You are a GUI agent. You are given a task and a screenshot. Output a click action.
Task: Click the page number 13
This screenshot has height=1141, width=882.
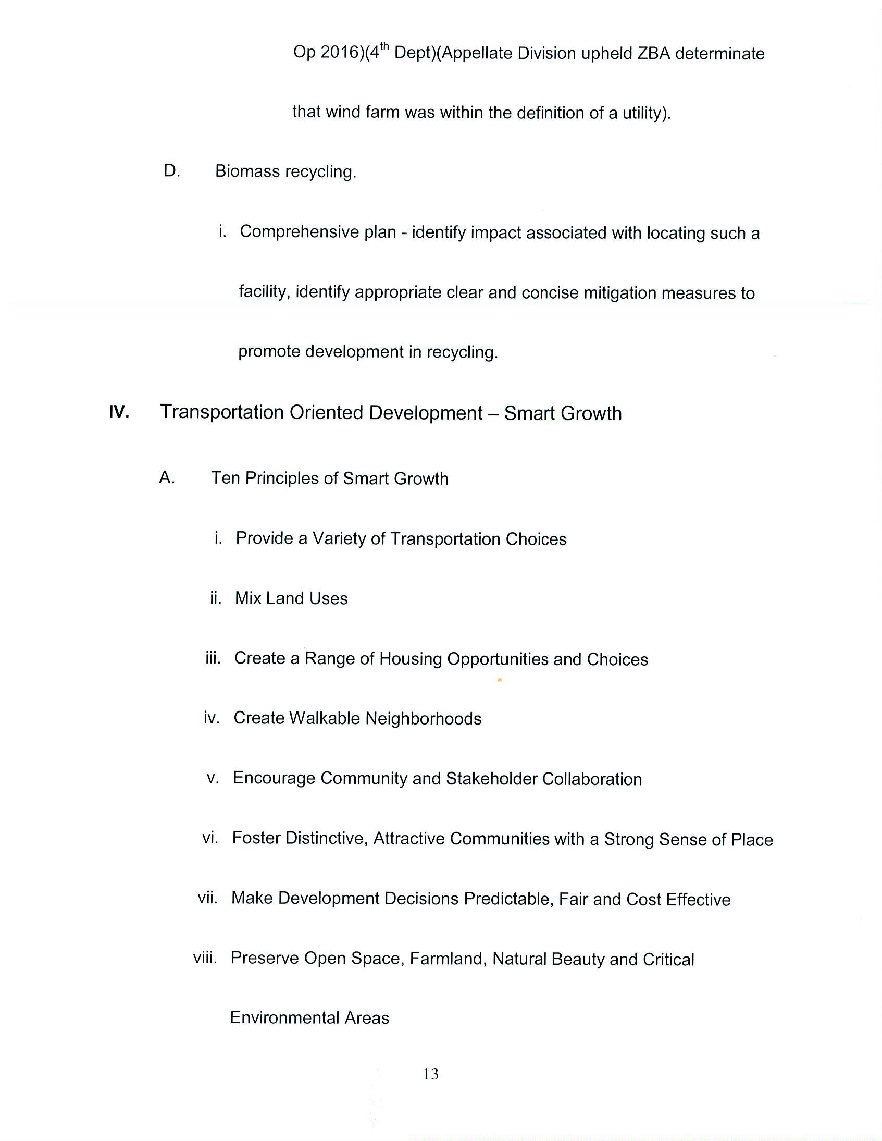431,1074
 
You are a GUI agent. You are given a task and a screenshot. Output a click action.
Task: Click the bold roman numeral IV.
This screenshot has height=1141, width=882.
119,412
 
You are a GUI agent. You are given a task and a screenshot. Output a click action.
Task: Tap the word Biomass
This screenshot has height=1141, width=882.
247,171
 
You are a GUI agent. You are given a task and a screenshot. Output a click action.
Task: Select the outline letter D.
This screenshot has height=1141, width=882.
171,171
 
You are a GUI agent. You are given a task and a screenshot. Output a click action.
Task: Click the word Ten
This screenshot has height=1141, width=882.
226,478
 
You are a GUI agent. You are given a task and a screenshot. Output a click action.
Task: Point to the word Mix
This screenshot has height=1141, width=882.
247,598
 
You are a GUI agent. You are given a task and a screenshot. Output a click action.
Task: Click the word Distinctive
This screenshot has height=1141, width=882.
300,838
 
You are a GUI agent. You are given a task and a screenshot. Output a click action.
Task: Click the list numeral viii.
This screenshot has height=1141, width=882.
205,958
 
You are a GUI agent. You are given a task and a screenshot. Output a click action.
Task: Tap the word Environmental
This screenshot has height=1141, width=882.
284,1017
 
